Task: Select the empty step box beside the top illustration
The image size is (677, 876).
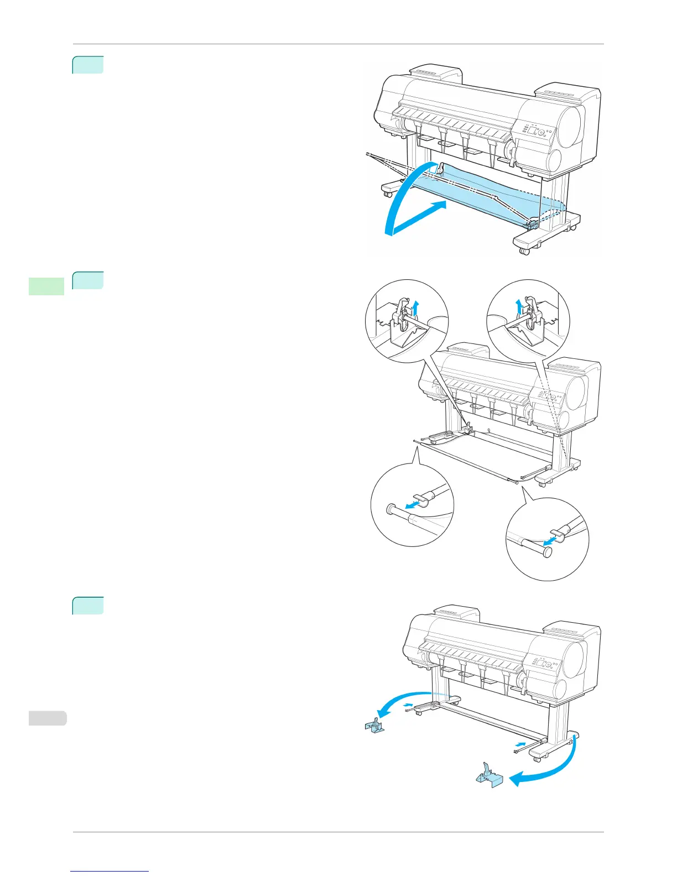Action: (x=88, y=65)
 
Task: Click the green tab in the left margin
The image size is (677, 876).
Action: (x=46, y=286)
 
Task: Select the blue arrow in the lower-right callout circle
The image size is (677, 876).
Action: (x=549, y=538)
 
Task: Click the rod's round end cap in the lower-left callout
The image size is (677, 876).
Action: (x=390, y=508)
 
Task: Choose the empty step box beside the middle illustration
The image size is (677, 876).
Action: (x=88, y=280)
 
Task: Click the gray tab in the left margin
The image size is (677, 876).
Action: (x=46, y=718)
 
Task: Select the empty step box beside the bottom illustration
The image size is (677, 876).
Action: (x=88, y=606)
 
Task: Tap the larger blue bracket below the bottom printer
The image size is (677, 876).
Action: (x=489, y=775)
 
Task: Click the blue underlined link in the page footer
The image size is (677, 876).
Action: (x=110, y=872)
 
